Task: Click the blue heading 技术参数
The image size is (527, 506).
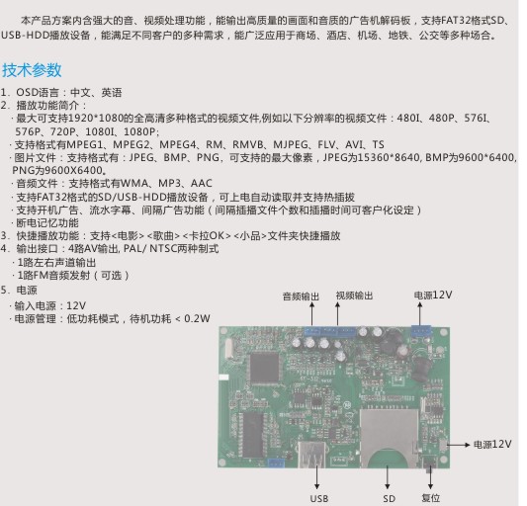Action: pos(32,70)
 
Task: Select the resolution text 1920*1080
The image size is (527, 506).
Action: pos(95,119)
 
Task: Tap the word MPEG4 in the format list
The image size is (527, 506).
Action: pos(177,145)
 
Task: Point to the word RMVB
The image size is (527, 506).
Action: pos(248,145)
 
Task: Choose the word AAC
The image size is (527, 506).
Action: pos(202,184)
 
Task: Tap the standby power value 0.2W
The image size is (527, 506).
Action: pos(197,318)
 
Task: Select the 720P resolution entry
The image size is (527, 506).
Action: pos(62,131)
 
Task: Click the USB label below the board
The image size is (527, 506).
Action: pos(319,499)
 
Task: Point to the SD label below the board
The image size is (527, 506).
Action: pos(389,499)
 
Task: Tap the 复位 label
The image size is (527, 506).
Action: pos(430,498)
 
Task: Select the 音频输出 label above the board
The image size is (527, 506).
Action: pos(301,296)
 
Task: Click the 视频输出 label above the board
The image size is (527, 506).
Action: pos(355,295)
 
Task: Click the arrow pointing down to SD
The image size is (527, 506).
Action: pos(388,477)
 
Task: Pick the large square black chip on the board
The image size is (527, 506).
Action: pos(265,369)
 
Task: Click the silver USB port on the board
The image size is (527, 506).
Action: pos(311,455)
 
